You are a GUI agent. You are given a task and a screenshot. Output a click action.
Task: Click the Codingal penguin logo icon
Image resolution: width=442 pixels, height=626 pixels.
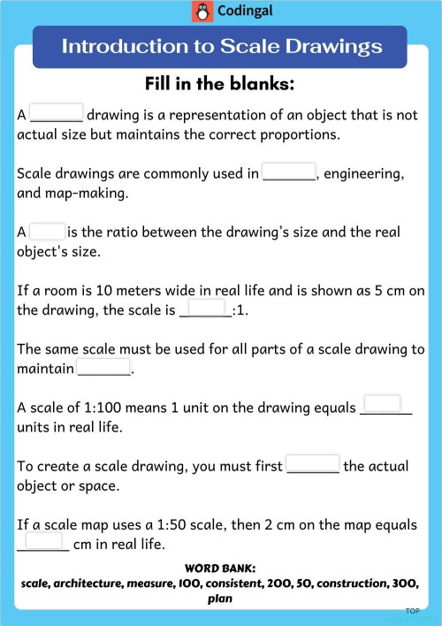202,11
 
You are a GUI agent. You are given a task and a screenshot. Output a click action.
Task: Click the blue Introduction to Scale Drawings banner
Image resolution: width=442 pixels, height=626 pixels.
220,47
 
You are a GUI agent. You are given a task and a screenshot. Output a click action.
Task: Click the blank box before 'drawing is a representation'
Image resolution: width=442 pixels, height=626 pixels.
57,113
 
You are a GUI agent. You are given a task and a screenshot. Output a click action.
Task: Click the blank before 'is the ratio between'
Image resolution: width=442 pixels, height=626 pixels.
48,231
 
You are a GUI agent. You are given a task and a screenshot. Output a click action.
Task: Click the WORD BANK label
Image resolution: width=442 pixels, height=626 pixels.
220,568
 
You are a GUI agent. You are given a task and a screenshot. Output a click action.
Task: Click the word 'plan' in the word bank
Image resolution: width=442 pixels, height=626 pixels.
220,599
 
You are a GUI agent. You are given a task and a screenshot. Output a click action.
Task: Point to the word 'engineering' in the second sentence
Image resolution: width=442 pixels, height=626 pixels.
364,174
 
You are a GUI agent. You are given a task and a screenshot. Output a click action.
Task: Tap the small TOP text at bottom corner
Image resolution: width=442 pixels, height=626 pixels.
412,611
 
